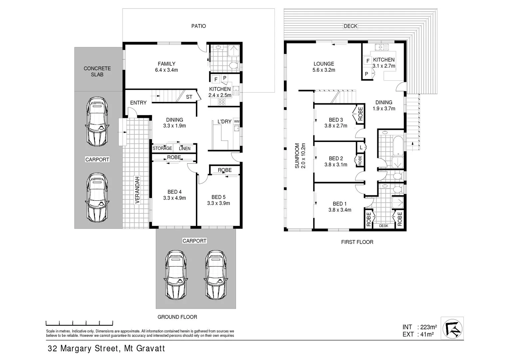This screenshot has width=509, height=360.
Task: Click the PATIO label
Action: point(199,26)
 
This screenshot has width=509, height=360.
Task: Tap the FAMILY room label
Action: point(166,64)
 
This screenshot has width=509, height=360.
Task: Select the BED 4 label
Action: point(174,192)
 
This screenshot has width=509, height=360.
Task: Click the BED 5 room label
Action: point(219,197)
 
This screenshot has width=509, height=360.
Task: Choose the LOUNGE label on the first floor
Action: point(323,64)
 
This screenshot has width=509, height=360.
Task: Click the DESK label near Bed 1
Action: point(383,226)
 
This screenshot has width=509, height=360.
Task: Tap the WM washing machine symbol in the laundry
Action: point(237,121)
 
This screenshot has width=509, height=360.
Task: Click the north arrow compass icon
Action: point(452,328)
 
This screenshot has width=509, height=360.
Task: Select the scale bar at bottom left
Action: point(79,323)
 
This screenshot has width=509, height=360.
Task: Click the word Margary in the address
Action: point(77,349)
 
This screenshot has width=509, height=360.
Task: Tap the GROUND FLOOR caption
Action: point(177,317)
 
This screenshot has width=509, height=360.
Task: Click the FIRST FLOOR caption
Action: point(357,242)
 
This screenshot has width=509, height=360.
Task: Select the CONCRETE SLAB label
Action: point(97,71)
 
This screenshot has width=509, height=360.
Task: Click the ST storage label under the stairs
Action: point(189,97)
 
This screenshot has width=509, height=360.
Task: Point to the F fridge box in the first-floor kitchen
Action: point(368,61)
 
